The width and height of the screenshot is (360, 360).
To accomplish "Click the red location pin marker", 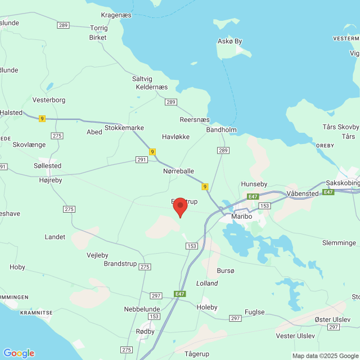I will (179, 206).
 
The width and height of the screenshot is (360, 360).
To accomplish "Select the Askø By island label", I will (229, 41).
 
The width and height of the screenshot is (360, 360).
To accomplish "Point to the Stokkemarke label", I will (124, 128).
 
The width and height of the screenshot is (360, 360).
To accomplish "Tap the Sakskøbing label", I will (343, 183).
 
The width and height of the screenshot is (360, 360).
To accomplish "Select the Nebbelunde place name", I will (142, 309).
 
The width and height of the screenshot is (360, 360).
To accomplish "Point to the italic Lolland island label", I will (206, 283).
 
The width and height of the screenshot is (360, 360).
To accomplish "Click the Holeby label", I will (206, 307).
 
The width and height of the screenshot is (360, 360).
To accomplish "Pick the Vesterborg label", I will (49, 100).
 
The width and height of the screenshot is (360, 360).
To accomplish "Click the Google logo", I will (19, 353).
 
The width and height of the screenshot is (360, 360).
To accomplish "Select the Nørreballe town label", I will (178, 171).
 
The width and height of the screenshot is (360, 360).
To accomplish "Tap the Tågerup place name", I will (197, 354).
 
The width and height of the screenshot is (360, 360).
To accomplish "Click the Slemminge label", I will (340, 242).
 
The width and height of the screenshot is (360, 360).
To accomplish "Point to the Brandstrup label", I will (121, 263).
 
